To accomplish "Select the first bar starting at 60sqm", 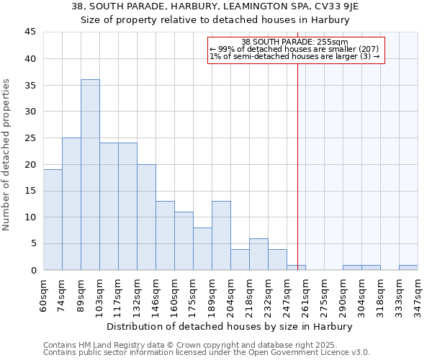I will tap(53, 220).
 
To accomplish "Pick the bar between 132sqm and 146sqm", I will tap(146, 217).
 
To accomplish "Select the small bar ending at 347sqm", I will tap(408, 268).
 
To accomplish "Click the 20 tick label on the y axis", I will tap(30, 164).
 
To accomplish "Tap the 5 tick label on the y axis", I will tap(33, 243).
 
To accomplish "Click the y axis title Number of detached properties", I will tap(8, 155).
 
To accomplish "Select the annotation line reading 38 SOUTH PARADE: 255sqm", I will tap(294, 42).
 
